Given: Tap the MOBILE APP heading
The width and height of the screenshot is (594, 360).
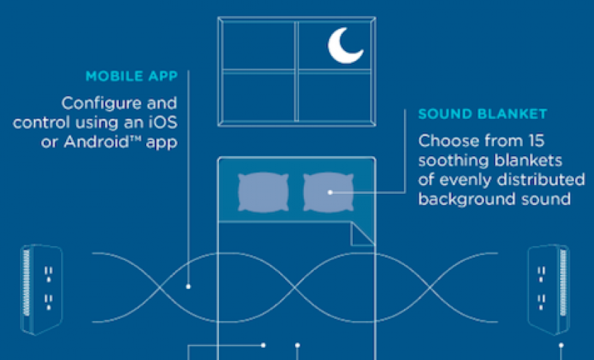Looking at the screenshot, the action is point(132,76).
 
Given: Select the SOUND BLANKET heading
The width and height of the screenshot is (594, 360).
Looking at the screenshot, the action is point(482,114).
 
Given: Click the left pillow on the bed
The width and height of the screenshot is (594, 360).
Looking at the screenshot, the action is point(264,192).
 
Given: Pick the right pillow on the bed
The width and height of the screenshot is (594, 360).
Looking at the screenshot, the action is point(328,192).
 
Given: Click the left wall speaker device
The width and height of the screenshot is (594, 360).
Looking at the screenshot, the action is point(41,290).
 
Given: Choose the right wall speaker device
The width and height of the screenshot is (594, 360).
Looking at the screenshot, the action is point(549,290).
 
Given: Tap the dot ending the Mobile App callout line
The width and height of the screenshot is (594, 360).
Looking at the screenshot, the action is point(188,287).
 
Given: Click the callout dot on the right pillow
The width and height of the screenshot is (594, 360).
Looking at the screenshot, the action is point(330,192).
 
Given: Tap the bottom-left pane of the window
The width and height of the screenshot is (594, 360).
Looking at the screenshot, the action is point(258,97).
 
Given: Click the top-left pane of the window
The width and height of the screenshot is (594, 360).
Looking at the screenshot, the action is point(258,45).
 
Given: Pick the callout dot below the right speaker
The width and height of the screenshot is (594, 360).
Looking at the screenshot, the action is point(561,345).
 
